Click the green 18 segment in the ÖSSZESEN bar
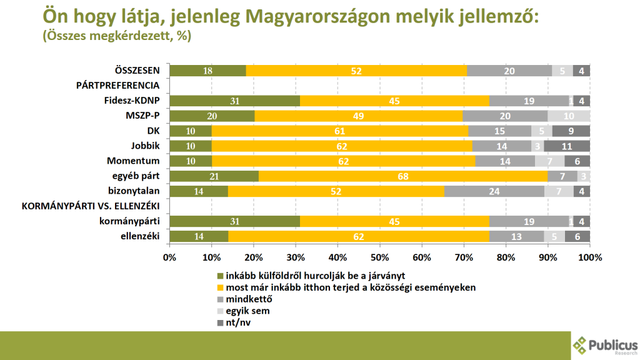pos(207,71)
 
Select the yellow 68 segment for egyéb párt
pos(403,176)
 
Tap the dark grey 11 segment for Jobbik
pos(567,146)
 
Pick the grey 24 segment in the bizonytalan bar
pos(494,191)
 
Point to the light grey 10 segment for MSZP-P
pos(569,116)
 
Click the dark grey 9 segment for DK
pos(571,131)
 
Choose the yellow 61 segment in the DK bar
pos(339,131)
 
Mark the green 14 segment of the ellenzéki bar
pos(198,236)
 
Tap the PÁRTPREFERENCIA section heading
pos(118,86)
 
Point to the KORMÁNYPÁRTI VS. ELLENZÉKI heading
pos(91,206)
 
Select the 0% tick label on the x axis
pos(169,257)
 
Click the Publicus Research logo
pos(604,345)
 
